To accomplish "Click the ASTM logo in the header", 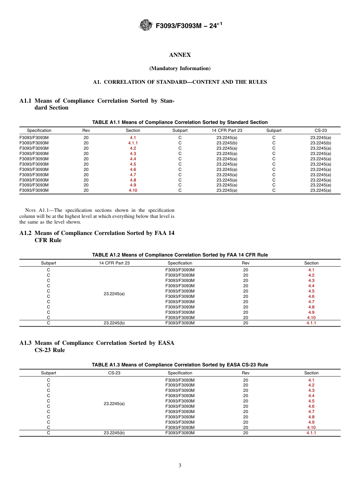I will pos(146,25).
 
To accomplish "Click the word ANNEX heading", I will pos(180,55).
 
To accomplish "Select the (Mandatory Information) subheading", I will pos(180,69).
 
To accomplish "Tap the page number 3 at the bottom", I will pos(180,466).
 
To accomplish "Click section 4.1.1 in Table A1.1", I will pos(133,143).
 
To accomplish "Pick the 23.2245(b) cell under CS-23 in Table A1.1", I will pos(321,143).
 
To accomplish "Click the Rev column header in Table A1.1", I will pos(86,130).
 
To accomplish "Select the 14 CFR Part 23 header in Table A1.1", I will pos(227,130).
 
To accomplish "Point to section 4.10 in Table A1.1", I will pos(133,191).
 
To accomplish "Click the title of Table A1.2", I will pos(180,255).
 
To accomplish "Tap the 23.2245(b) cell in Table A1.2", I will pos(114,323).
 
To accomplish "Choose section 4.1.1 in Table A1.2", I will pos(311,323).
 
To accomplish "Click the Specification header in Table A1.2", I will pos(180,263).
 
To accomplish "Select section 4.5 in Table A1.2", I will pos(311,291).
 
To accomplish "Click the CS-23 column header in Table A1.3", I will pos(114,373).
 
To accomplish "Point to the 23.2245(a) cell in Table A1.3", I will pos(114,404).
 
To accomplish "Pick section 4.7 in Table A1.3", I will pos(311,412).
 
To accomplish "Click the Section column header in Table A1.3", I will pos(311,373).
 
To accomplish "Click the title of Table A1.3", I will pos(180,365).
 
